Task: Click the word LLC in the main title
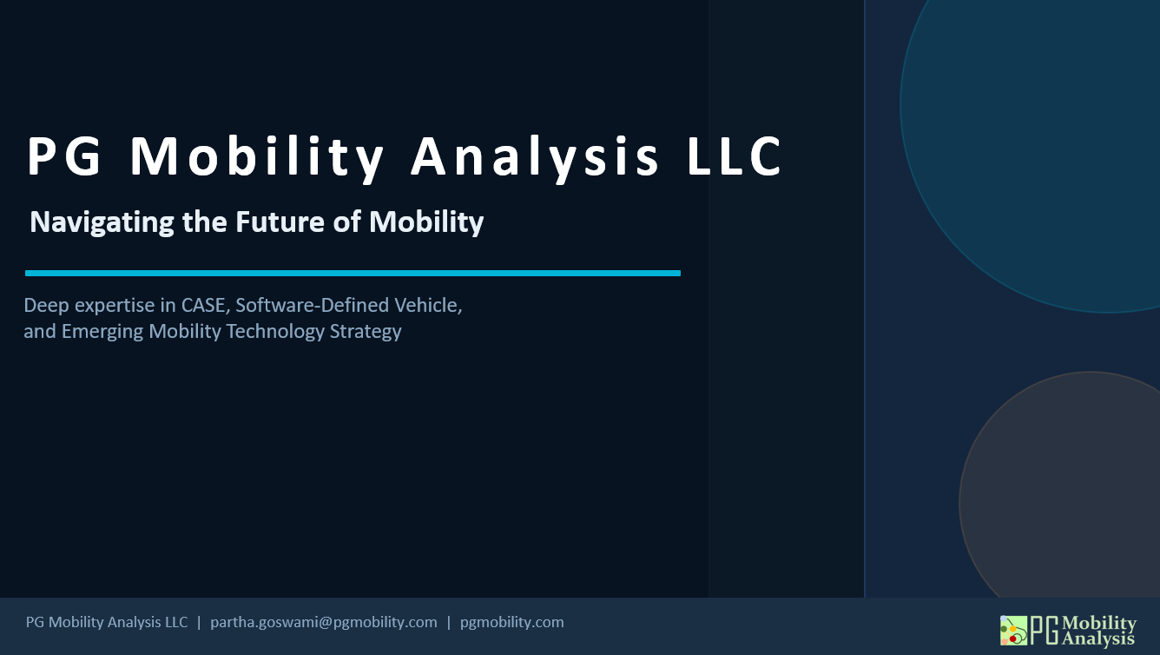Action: click(x=735, y=156)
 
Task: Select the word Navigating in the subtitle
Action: click(x=102, y=223)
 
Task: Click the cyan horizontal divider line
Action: click(x=353, y=273)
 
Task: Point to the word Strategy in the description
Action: click(x=366, y=332)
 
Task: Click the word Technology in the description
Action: click(x=275, y=332)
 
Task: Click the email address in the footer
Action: click(x=324, y=622)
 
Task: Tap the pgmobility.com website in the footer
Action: click(x=511, y=622)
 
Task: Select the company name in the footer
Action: click(x=107, y=622)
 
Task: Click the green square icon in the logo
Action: click(x=1013, y=631)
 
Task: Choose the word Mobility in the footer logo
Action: click(x=1099, y=623)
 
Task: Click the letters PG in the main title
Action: click(x=64, y=156)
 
